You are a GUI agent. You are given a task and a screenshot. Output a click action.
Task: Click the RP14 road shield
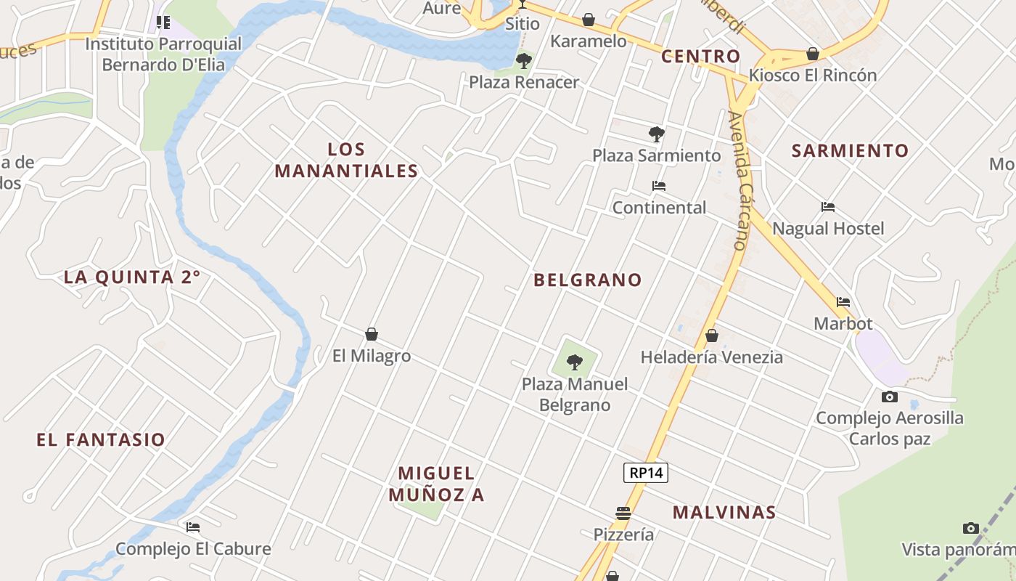(x=646, y=473)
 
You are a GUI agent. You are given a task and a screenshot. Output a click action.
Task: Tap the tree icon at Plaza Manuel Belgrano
(x=575, y=361)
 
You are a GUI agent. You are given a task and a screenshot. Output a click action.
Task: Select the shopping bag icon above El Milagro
(x=372, y=334)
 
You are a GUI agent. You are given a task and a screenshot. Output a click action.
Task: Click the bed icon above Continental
(x=659, y=186)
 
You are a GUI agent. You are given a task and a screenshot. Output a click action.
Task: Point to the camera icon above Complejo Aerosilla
(x=890, y=397)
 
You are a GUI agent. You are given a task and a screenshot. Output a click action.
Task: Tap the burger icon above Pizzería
(x=623, y=513)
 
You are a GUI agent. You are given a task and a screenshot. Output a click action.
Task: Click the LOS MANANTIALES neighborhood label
(x=347, y=161)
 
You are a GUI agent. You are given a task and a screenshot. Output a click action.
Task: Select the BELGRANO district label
(x=588, y=280)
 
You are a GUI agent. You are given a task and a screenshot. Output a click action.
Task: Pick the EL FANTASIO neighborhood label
(x=101, y=439)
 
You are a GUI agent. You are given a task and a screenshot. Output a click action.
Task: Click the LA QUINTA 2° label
(x=132, y=277)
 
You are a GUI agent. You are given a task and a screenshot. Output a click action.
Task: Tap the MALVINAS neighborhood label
(x=724, y=512)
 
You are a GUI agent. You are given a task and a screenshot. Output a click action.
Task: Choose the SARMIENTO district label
(x=850, y=150)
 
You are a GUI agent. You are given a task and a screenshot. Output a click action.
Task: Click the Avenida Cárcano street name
(x=739, y=181)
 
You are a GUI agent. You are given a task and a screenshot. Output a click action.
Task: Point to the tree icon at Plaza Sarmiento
(x=657, y=134)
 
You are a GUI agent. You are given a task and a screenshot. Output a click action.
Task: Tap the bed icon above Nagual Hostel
(x=828, y=207)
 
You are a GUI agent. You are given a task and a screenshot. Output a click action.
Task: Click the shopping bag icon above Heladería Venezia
(x=712, y=336)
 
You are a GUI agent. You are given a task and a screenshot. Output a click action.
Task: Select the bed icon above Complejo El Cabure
(x=193, y=527)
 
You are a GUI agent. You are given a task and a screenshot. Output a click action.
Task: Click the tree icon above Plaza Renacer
(x=524, y=60)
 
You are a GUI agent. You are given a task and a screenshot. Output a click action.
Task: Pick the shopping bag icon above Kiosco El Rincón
(x=813, y=54)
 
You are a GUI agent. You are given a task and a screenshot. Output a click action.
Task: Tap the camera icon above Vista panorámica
(x=971, y=528)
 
